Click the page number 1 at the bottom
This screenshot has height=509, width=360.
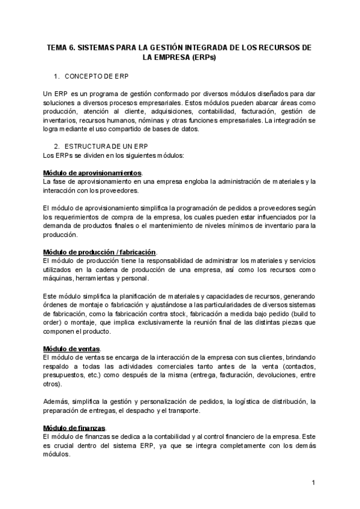pos(313,483)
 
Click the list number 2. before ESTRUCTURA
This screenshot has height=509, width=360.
pos(56,146)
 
